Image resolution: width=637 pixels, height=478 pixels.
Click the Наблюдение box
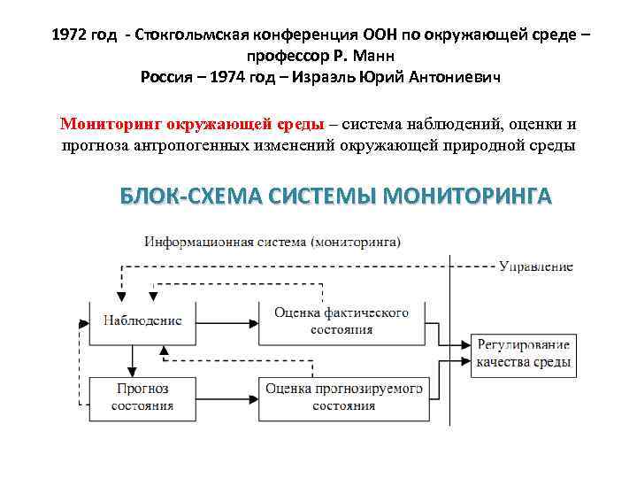point(142,320)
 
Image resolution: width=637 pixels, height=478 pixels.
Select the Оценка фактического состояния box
point(341,320)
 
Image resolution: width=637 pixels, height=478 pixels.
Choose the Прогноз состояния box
point(142,397)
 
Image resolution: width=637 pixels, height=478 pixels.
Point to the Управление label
point(535,266)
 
